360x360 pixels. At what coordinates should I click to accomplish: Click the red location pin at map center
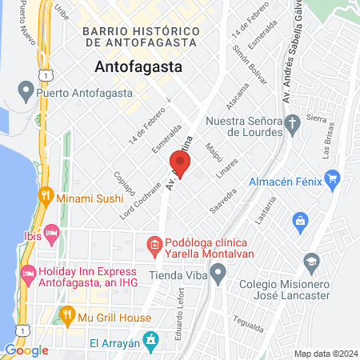click(x=180, y=165)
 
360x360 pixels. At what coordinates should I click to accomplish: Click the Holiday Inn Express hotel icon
click(x=28, y=274)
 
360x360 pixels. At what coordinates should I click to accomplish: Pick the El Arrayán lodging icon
click(x=151, y=340)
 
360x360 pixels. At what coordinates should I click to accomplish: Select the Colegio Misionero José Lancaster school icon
click(x=310, y=262)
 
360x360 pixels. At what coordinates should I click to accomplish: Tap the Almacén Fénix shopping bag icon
click(x=330, y=182)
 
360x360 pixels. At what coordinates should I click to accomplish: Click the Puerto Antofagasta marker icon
click(x=25, y=93)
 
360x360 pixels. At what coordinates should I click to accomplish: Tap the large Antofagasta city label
click(x=138, y=66)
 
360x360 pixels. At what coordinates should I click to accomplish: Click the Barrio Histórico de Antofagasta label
click(x=140, y=36)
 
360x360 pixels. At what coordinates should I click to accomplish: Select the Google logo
click(x=26, y=350)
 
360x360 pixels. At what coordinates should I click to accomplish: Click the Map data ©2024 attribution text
click(x=324, y=354)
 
